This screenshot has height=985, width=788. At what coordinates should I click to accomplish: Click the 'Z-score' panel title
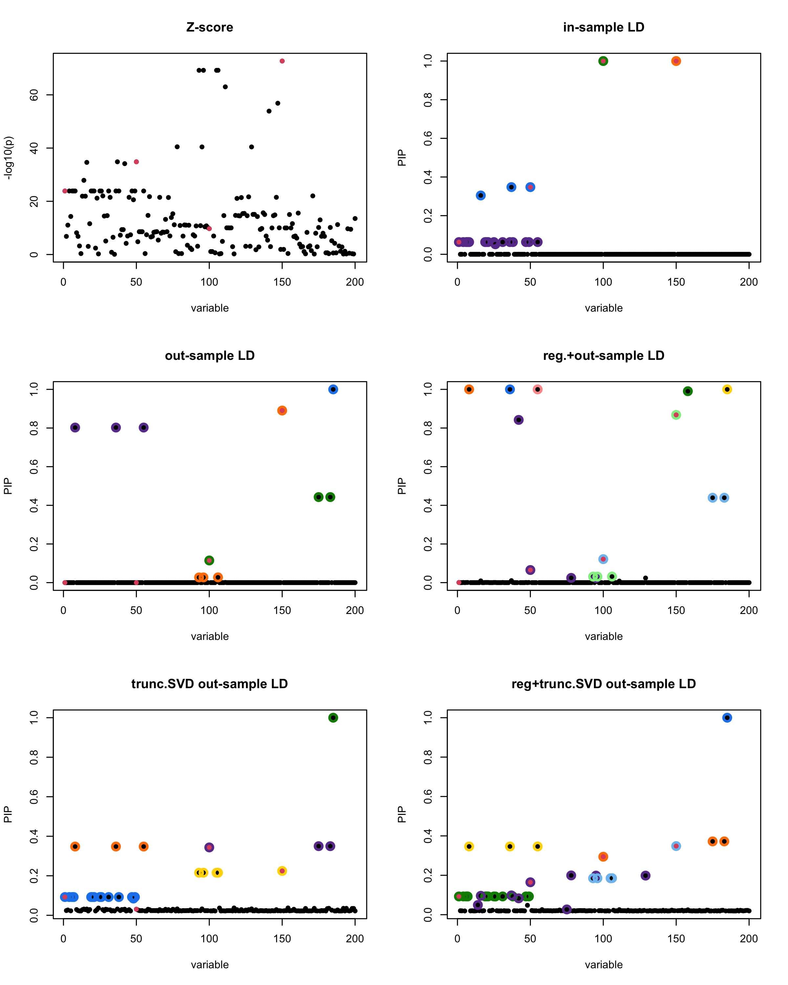point(210,27)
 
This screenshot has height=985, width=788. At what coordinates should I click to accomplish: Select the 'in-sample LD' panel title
point(603,27)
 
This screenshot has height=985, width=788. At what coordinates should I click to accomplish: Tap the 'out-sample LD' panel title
point(210,356)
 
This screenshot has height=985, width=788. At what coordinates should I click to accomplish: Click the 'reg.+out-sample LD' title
point(603,356)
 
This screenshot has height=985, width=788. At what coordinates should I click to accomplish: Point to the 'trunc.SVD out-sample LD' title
point(210,684)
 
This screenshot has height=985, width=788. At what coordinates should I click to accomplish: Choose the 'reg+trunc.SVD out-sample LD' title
point(603,684)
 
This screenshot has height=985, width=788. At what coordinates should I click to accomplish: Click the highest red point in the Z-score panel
point(282,61)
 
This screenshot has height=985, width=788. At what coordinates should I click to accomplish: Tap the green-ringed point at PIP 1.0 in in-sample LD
point(603,61)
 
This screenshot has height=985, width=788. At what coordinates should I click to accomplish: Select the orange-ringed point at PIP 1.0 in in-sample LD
point(676,61)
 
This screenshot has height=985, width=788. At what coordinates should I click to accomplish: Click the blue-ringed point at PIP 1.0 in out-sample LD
point(333,389)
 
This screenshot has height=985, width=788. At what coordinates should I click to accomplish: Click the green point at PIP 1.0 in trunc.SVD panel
point(333,718)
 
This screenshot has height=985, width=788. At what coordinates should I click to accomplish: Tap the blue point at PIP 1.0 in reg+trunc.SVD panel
point(727,718)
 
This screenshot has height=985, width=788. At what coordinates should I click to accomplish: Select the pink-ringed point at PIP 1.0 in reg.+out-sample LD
point(538,389)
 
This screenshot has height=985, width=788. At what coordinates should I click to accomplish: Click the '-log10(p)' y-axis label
point(8,158)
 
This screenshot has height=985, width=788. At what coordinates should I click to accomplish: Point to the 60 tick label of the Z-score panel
point(34,95)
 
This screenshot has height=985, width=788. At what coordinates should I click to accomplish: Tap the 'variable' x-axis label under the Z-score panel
point(210,308)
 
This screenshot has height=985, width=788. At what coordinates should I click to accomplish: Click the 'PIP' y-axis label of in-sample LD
point(402,158)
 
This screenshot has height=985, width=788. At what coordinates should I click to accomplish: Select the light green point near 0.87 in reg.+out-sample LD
point(676,415)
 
